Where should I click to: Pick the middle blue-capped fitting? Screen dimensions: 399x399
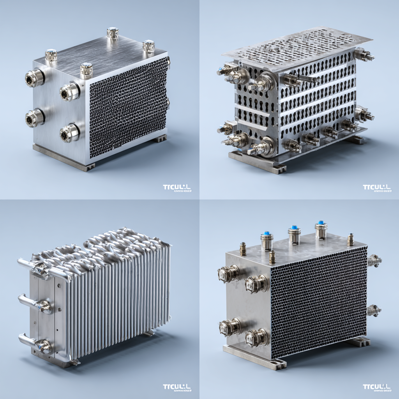tap(294, 235)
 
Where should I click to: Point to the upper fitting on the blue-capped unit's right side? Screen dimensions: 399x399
tap(374, 260)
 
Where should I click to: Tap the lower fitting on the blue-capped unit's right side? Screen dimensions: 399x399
tap(374, 310)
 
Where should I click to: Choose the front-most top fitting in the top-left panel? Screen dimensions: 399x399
tap(87, 70)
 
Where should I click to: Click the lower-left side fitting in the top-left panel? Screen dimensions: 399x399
tap(34, 118)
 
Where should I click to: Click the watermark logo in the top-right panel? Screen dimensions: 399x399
tap(376, 188)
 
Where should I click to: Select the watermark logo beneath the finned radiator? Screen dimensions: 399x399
tap(177, 388)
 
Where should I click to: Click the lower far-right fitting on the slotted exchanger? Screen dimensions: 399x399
tap(364, 114)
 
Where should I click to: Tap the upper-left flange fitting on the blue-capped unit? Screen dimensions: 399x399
tap(229, 274)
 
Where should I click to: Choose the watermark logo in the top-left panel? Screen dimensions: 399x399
tap(177, 188)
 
